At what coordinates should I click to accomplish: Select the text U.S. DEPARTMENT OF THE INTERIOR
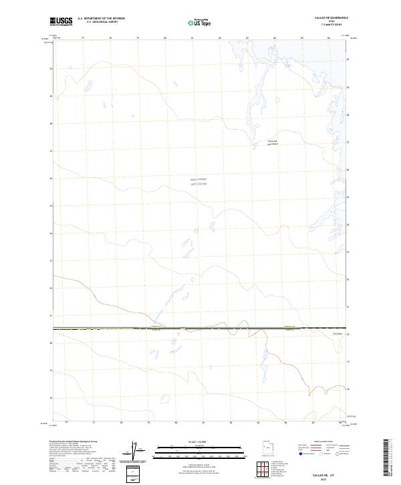(101, 18)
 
